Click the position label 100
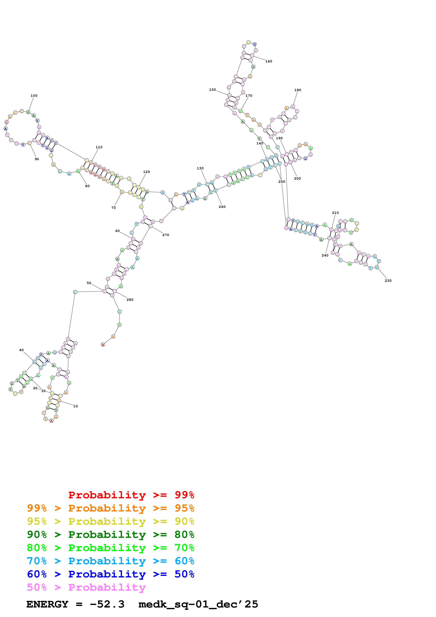(34, 96)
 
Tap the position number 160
(269, 62)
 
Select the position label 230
(388, 281)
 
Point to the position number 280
(130, 300)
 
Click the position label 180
(298, 90)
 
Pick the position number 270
(166, 235)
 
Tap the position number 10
(75, 406)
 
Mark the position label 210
(335, 213)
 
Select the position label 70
(114, 208)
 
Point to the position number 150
(212, 90)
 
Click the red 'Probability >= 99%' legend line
(131, 495)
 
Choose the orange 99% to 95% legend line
(111, 508)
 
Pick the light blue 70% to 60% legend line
(111, 561)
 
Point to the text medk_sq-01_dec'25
(198, 604)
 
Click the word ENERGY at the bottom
(47, 604)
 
